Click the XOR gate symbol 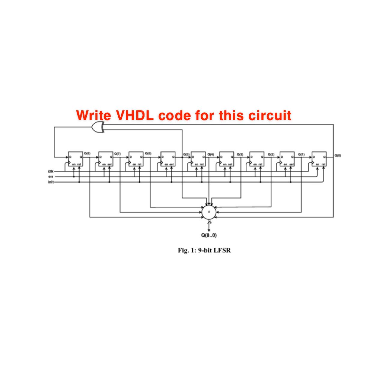pyautogui.click(x=98, y=128)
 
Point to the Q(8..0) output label pyautogui.click(x=209, y=235)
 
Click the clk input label pyautogui.click(x=50, y=171)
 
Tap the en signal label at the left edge pyautogui.click(x=50, y=177)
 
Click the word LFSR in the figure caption pyautogui.click(x=222, y=250)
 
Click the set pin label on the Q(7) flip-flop pyautogui.click(x=110, y=164)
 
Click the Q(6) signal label pyautogui.click(x=148, y=153)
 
